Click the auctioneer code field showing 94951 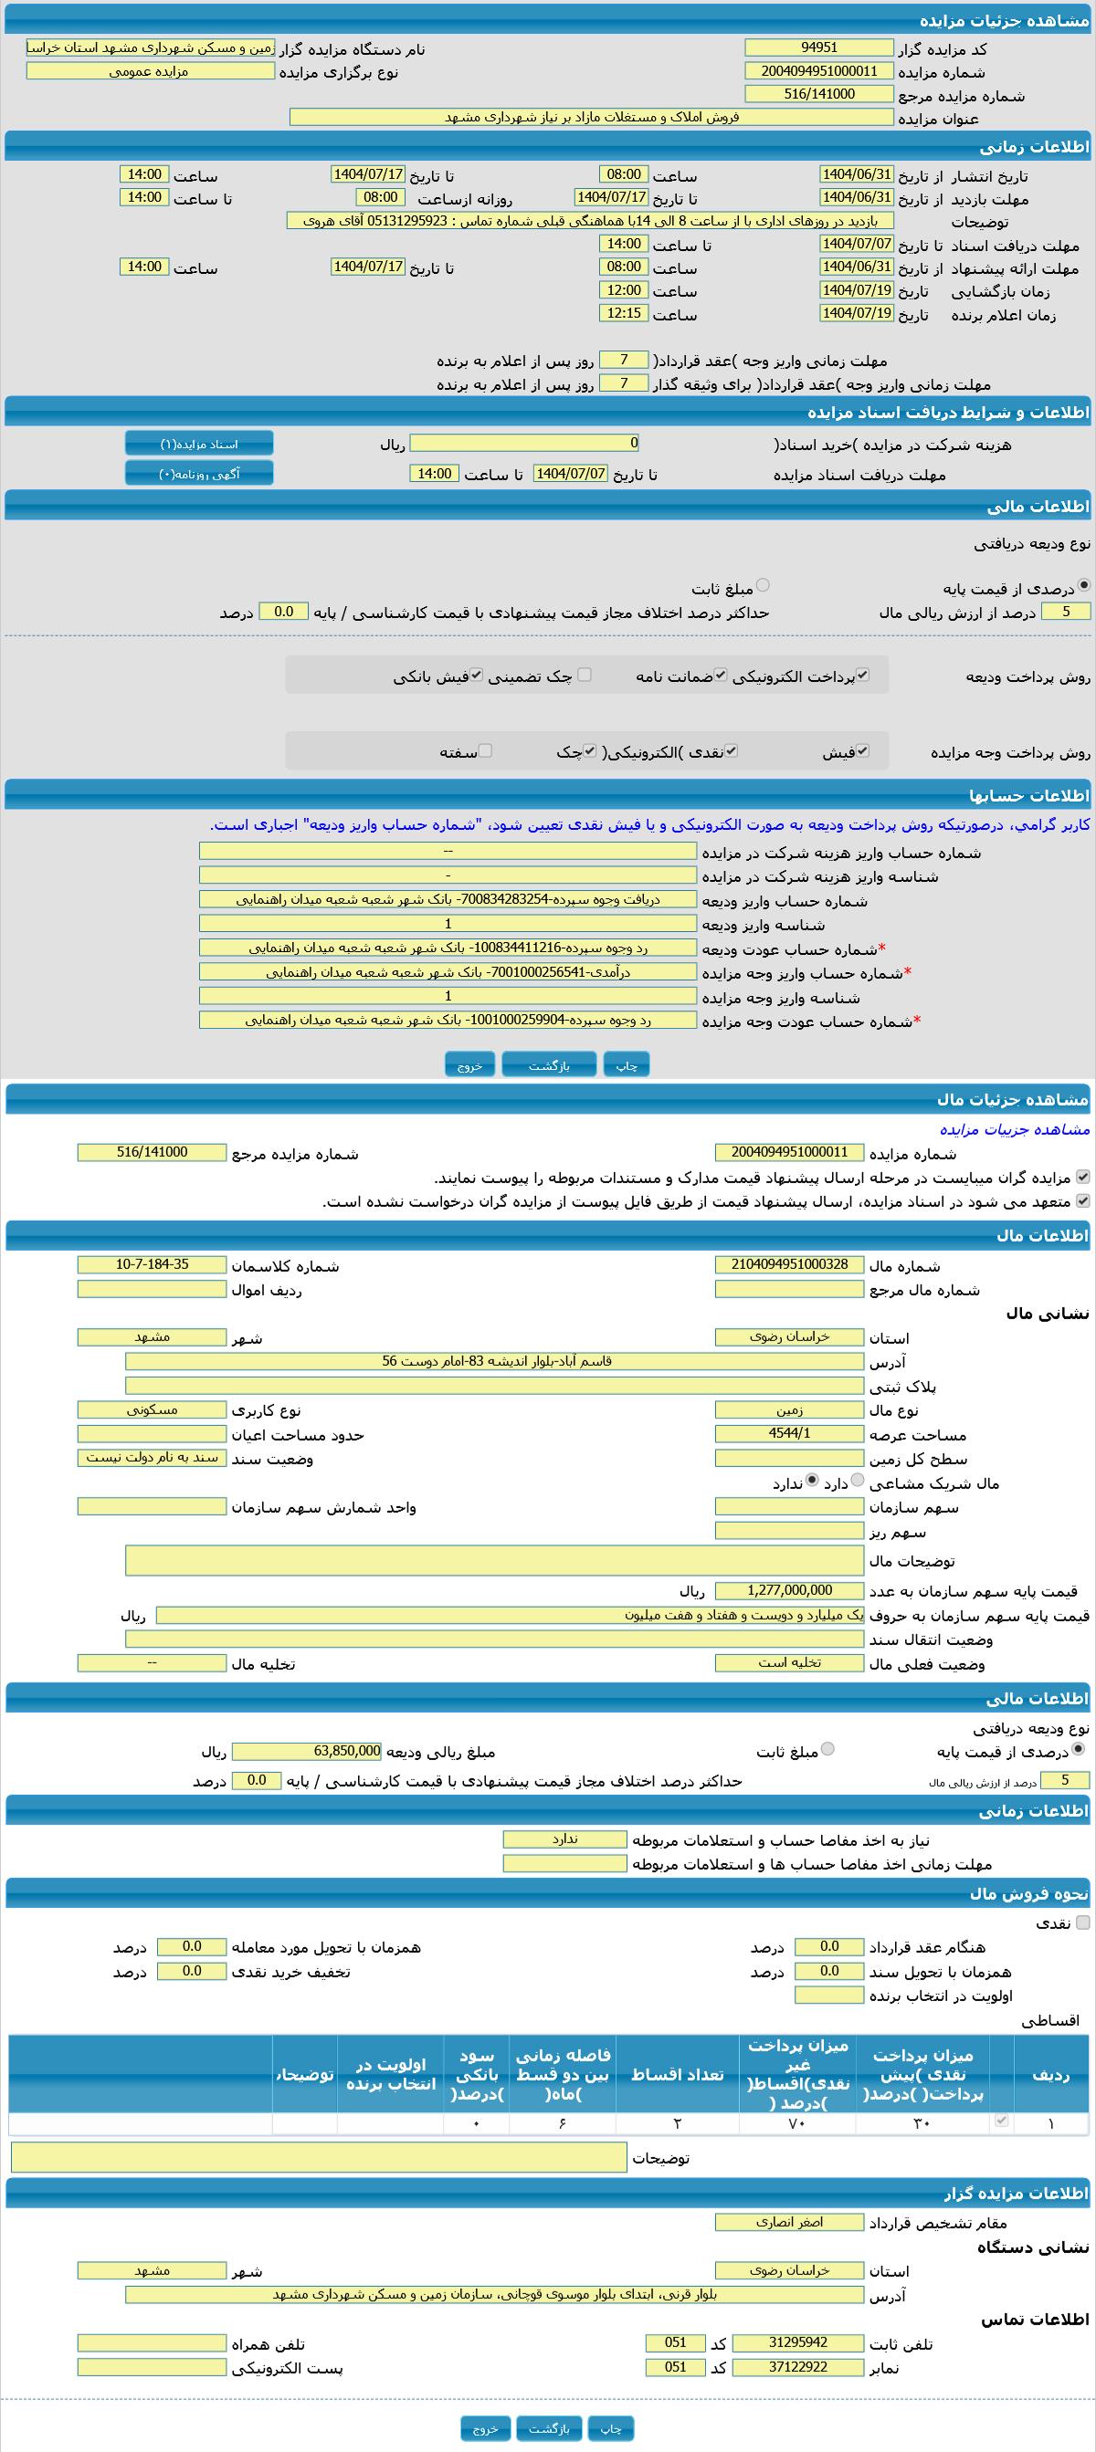(819, 47)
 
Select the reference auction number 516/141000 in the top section (819, 94)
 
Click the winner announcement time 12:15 (624, 313)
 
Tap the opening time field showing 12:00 (624, 290)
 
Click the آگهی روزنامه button (199, 474)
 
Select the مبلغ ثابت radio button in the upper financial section (763, 585)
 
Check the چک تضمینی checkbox (585, 675)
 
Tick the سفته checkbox (485, 751)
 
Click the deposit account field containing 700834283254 (448, 899)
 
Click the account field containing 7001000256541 (448, 972)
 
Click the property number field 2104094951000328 (788, 1265)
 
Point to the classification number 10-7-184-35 (152, 1265)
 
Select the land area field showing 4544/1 (788, 1433)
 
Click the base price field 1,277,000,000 (788, 1590)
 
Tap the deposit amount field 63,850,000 (307, 1752)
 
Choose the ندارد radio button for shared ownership (811, 1480)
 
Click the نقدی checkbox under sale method (1081, 1923)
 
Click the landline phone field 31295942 (797, 2342)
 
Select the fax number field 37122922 (797, 2367)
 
